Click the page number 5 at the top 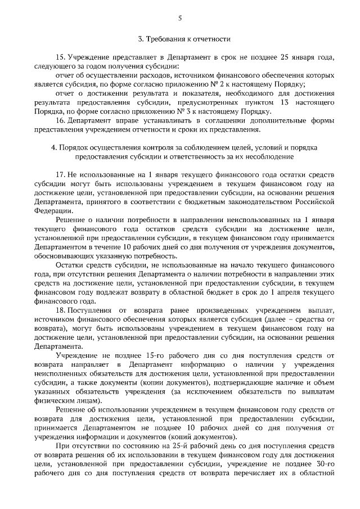(x=180, y=18)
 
